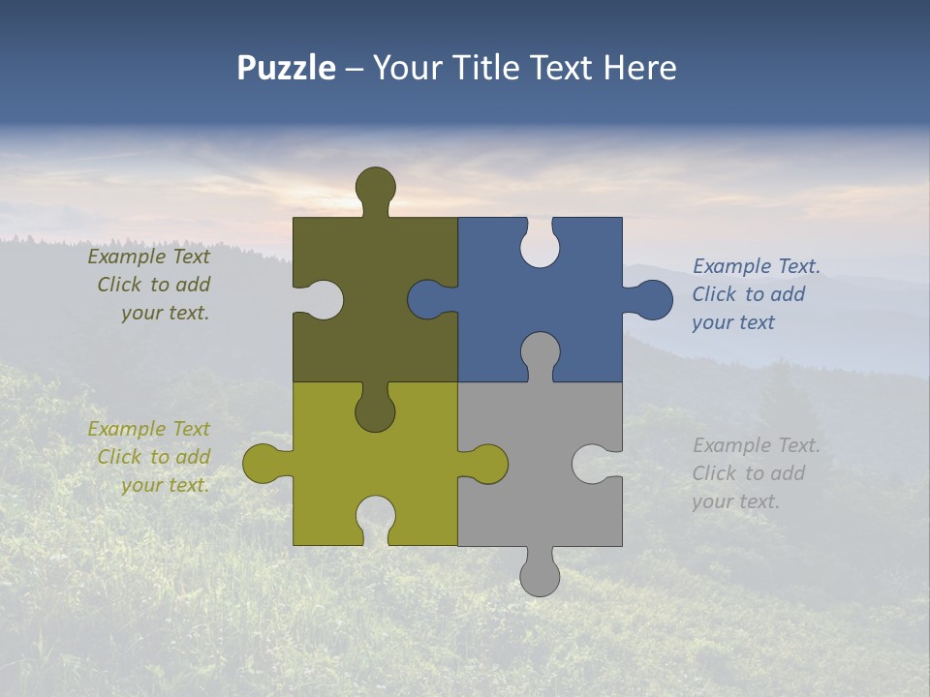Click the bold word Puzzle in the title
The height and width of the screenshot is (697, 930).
(x=286, y=68)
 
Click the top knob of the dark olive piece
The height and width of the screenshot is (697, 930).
(x=376, y=187)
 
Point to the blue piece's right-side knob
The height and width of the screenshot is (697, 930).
(x=651, y=300)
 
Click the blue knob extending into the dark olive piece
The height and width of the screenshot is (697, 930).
(x=428, y=300)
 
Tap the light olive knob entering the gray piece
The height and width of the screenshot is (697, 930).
(x=487, y=464)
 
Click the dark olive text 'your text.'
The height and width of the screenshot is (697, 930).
(x=165, y=313)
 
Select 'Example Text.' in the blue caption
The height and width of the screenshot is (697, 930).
(x=757, y=266)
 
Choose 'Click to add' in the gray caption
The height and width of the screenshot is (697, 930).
(x=748, y=473)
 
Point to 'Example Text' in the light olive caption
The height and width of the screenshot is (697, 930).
(x=148, y=429)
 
